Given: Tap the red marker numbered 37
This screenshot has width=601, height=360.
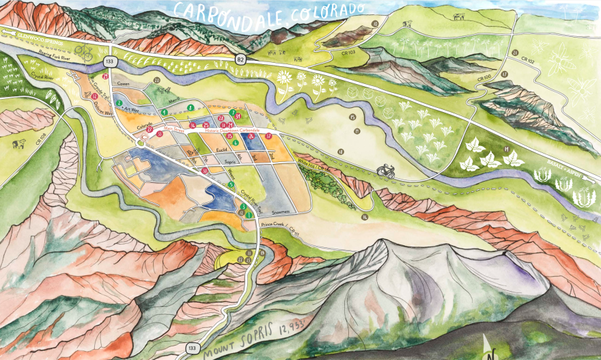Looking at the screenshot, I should coord(269,136).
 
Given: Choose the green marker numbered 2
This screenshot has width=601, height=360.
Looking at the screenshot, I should coord(119,103).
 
